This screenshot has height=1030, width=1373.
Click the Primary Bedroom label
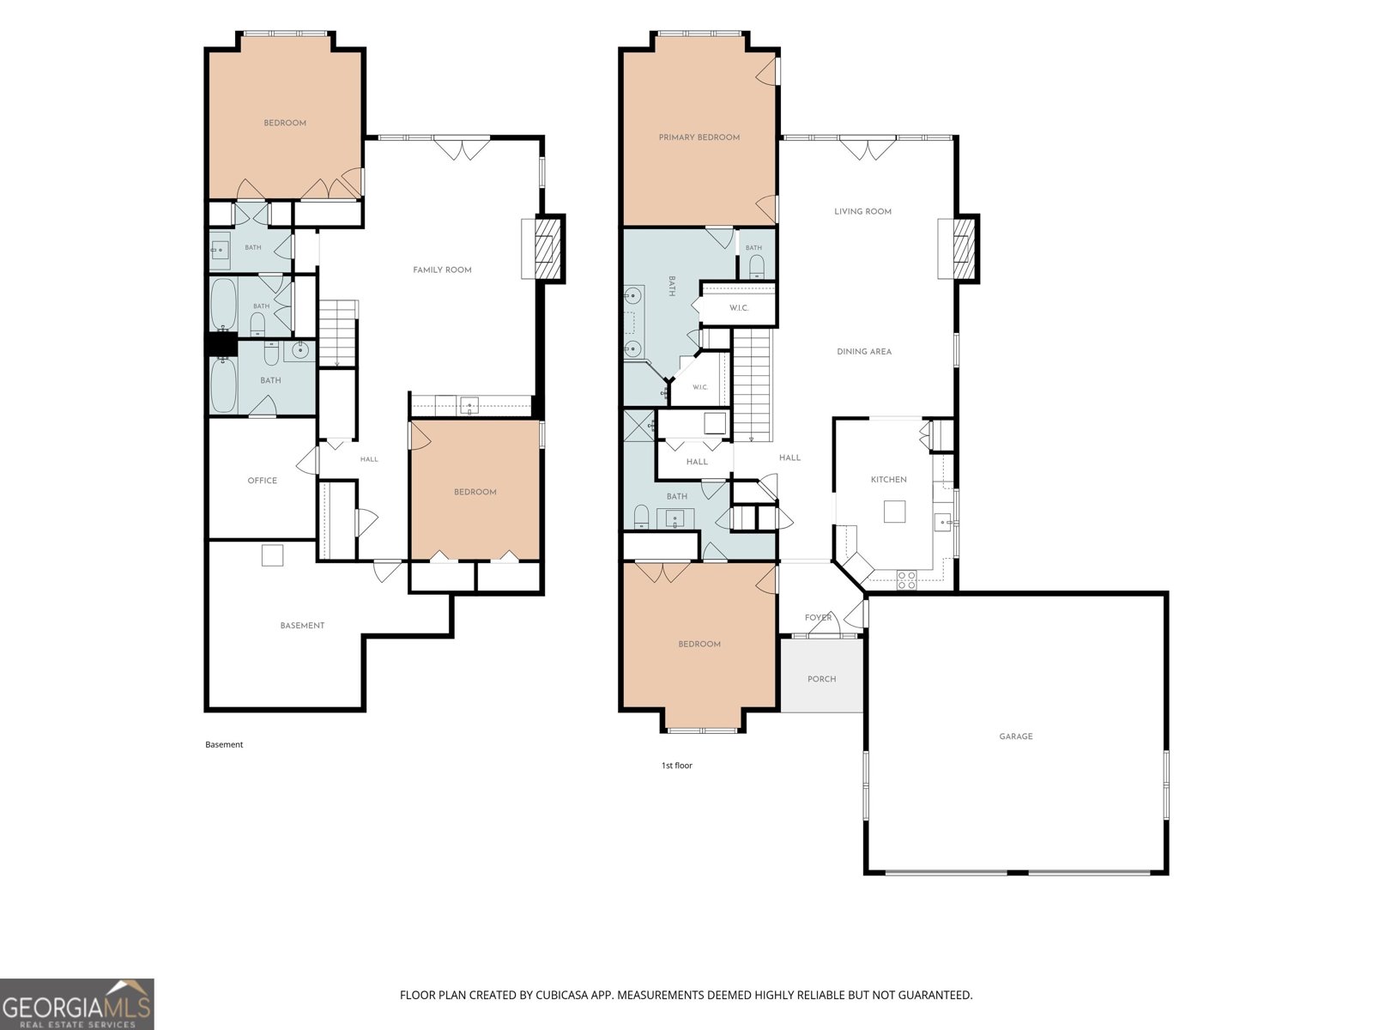pyautogui.click(x=699, y=137)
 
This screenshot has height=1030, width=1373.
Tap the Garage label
pyautogui.click(x=1015, y=736)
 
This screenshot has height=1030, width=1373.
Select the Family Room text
pyautogui.click(x=442, y=270)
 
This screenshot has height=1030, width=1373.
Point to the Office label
pyautogui.click(x=262, y=481)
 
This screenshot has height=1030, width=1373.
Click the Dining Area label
pyautogui.click(x=864, y=352)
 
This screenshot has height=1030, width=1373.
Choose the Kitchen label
pyautogui.click(x=888, y=480)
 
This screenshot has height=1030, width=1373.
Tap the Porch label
pyautogui.click(x=821, y=679)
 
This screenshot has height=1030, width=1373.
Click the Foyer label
pyautogui.click(x=818, y=618)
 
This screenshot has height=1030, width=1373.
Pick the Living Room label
pyautogui.click(x=862, y=212)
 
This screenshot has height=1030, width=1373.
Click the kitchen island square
pyautogui.click(x=894, y=512)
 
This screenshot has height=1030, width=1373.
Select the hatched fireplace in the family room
pyautogui.click(x=550, y=248)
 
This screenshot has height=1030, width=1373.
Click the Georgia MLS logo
pyautogui.click(x=77, y=1003)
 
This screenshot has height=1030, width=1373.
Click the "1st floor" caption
pyautogui.click(x=677, y=766)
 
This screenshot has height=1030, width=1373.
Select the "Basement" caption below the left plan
pyautogui.click(x=224, y=745)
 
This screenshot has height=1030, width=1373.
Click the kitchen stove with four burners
pyautogui.click(x=906, y=579)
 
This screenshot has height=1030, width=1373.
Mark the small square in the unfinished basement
pyautogui.click(x=272, y=555)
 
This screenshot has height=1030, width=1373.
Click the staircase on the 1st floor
pyautogui.click(x=751, y=385)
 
